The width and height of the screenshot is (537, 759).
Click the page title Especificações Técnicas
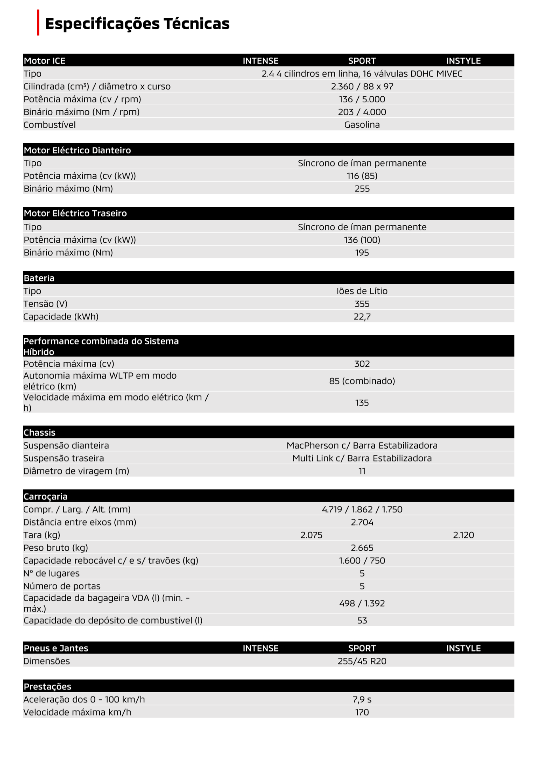[137, 24]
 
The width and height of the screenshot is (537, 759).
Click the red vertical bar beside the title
[38, 23]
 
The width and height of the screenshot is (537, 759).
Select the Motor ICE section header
[44, 61]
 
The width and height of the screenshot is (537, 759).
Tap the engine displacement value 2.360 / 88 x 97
[362, 87]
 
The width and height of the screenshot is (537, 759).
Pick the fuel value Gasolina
[362, 125]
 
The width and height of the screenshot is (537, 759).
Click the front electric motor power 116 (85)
[362, 176]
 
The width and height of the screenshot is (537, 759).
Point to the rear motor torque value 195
[362, 253]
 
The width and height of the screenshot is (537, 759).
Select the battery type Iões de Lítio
[362, 291]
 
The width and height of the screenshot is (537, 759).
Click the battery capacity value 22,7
[362, 317]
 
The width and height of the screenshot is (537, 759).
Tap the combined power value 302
[362, 364]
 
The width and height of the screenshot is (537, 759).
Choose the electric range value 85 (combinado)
[362, 381]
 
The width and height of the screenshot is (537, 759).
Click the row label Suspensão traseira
[64, 459]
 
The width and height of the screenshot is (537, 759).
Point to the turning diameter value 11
[362, 471]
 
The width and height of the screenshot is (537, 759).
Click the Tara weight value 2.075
[311, 535]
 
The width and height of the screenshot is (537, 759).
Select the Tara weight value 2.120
[463, 535]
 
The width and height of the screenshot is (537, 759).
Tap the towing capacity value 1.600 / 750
[362, 561]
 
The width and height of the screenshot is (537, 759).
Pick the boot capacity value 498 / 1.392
[362, 604]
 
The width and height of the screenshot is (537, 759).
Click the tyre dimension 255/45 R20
[362, 661]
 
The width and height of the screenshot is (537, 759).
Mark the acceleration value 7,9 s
[362, 700]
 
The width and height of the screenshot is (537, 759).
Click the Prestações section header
[47, 687]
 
